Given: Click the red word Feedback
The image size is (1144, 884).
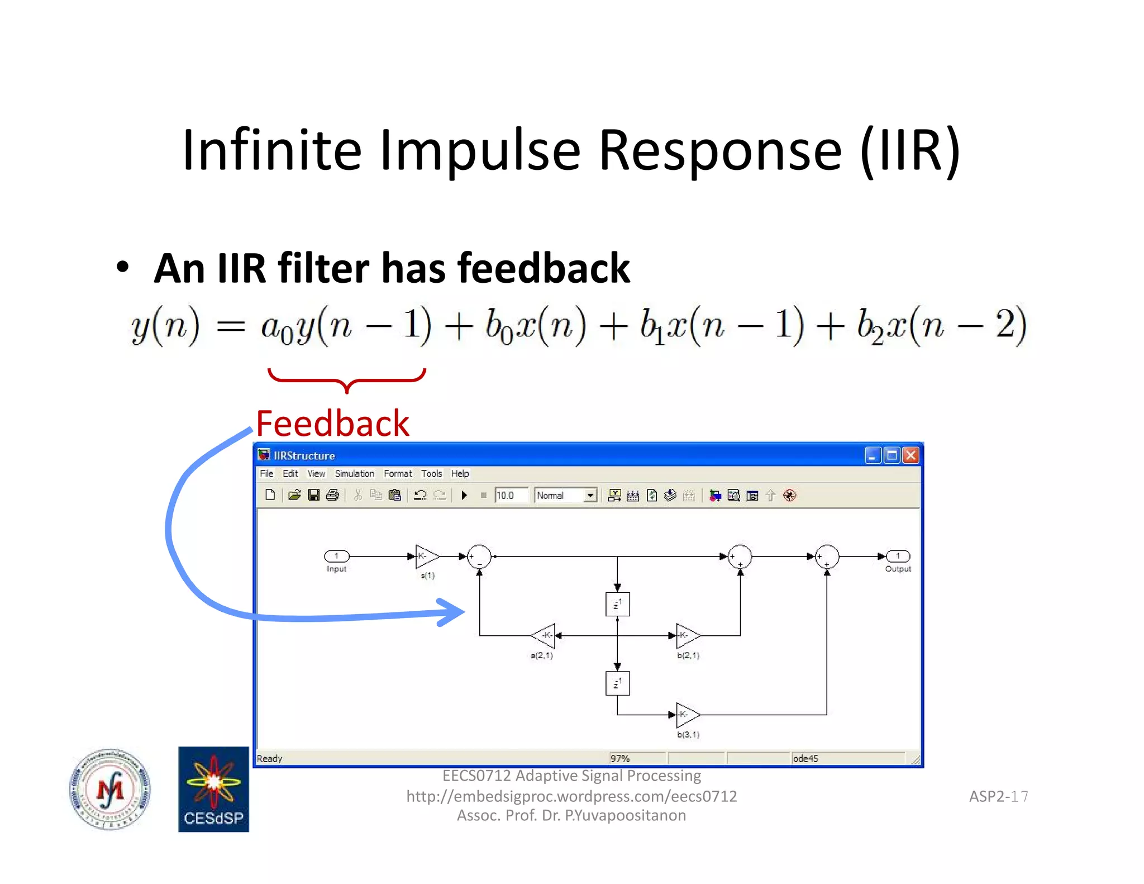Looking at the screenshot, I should (x=332, y=423).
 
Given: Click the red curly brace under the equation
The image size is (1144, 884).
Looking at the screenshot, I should (x=346, y=380).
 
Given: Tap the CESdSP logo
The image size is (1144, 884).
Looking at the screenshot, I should (x=213, y=789).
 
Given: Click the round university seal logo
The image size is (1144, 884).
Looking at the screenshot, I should (x=110, y=789).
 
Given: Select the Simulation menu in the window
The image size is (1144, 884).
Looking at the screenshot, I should (x=354, y=473).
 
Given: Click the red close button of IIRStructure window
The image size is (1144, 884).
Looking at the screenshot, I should (x=911, y=455).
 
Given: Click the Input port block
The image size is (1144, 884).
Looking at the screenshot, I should (x=337, y=556).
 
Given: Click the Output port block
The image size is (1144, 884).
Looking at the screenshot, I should (x=898, y=556).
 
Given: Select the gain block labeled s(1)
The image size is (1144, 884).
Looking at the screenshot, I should (x=426, y=557).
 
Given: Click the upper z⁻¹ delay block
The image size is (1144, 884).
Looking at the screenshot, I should (x=617, y=604).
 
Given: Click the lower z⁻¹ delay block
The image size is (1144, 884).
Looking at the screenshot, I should (x=617, y=683).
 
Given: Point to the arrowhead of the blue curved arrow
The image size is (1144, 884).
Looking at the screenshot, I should (x=455, y=612).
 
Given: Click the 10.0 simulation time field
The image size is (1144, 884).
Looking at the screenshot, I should (x=511, y=495).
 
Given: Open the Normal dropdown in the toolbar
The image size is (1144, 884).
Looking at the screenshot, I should (x=590, y=495).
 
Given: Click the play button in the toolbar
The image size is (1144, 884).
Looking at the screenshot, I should (x=464, y=495).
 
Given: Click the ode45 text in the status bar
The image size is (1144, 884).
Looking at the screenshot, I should (x=805, y=758).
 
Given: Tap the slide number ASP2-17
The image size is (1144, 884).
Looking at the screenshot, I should (x=998, y=796).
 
